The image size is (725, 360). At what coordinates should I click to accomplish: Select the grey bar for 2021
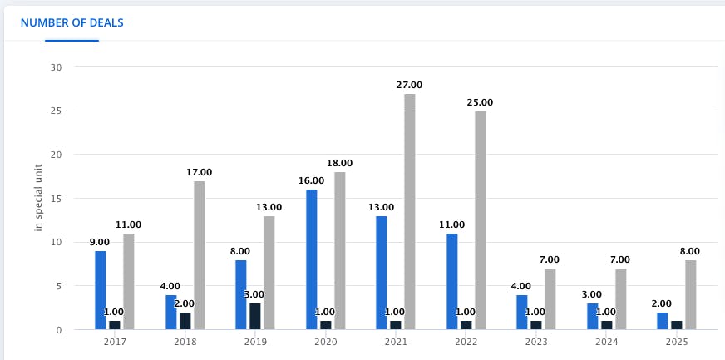409,212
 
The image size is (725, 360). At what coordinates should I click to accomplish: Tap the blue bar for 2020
312,259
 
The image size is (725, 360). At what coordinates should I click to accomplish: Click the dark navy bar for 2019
255,317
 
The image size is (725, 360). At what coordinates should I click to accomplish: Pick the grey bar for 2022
480,220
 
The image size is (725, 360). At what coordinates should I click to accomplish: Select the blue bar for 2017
101,290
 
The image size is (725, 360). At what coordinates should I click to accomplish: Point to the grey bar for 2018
199,255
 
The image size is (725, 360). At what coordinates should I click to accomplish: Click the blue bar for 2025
662,321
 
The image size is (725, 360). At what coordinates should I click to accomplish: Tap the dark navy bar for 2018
185,321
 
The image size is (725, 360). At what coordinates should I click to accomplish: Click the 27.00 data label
409,85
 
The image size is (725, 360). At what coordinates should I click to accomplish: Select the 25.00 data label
480,102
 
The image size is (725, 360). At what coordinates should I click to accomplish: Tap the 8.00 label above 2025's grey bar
690,251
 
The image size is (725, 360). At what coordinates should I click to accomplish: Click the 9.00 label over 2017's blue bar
101,242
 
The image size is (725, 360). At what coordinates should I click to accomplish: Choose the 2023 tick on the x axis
535,342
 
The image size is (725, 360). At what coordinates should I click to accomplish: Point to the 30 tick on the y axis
57,67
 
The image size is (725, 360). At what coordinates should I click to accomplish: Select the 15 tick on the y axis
57,199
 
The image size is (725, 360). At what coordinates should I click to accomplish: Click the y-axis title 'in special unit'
38,199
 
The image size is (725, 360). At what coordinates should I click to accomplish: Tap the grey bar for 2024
620,299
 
